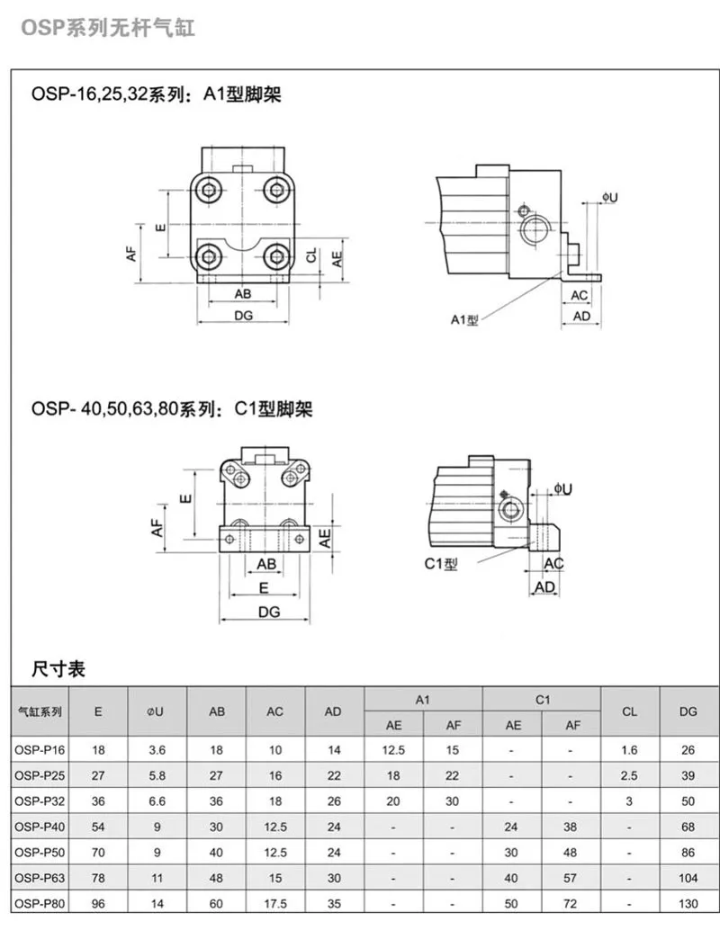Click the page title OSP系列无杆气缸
tap(107, 28)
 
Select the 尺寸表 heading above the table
tap(58, 668)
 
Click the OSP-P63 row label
tap(40, 877)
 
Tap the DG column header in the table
tap(688, 711)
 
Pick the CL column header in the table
tap(629, 711)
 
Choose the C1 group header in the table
tap(542, 699)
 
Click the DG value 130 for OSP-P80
tap(688, 902)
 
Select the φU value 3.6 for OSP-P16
tap(157, 750)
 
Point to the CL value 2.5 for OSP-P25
tap(629, 775)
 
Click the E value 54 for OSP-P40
tap(98, 827)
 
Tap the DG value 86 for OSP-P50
tap(688, 852)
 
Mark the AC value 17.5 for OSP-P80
tap(275, 902)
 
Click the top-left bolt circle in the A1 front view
tap(211, 190)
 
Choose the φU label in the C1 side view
tap(562, 488)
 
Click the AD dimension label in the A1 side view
tap(581, 317)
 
